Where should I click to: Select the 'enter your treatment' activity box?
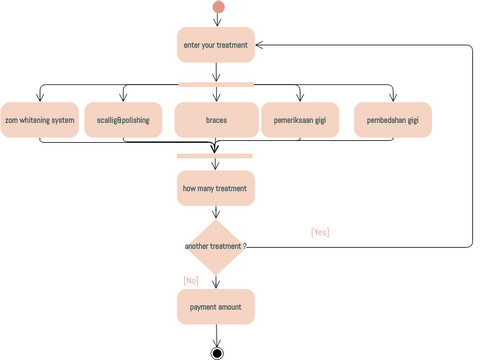coord(216,44)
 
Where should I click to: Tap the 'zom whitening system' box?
coord(40,120)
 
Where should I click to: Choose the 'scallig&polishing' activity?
coord(123,120)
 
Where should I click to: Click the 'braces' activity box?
coord(216,120)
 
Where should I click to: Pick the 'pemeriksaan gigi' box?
coord(300,120)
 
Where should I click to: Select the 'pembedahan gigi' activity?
coord(393,120)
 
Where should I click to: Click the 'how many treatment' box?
coord(216,188)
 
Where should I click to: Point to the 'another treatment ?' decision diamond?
coord(216,246)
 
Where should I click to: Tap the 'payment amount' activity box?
coord(216,307)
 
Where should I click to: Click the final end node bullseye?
coord(217,352)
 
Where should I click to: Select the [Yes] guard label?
coord(320,232)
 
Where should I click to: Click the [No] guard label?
coord(191,281)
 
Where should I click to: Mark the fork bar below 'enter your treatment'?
coord(216,84)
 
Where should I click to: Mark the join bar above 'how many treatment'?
coord(216,156)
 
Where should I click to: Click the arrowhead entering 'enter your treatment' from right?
coord(260,44)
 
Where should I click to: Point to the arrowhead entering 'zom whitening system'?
coord(40,98)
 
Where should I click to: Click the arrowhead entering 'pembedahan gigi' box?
coord(393,98)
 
